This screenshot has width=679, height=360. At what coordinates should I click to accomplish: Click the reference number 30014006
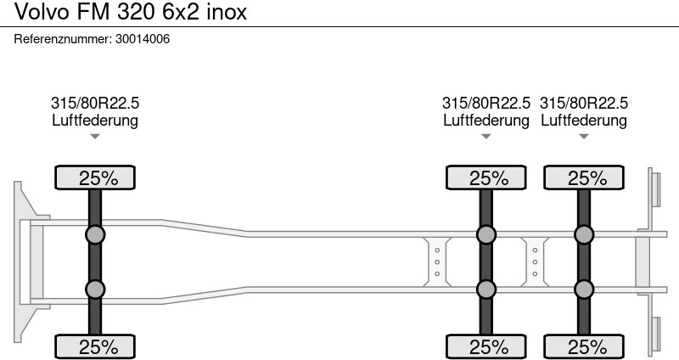click(x=143, y=39)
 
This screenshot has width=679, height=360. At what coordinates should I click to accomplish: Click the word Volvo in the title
click(x=42, y=12)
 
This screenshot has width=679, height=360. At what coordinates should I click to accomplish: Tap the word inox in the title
click(x=227, y=12)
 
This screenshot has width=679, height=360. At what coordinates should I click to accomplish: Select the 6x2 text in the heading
click(x=181, y=12)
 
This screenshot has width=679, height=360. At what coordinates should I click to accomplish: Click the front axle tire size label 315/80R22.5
click(x=95, y=103)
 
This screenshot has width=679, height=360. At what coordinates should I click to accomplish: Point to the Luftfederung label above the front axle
click(x=95, y=120)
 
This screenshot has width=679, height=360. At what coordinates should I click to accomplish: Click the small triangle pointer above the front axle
click(x=95, y=137)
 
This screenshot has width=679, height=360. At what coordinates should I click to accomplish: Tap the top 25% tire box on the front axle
click(x=95, y=177)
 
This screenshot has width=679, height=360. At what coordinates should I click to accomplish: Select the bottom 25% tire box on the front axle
click(x=95, y=346)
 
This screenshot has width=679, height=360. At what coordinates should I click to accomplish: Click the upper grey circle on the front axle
click(x=95, y=235)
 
